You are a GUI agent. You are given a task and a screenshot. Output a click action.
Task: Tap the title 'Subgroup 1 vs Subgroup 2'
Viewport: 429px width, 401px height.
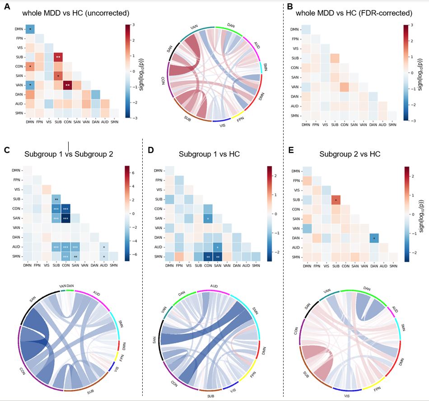pyautogui.click(x=69, y=154)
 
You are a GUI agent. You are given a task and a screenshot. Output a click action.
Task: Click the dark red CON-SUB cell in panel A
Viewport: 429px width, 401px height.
pyautogui.click(x=68, y=84)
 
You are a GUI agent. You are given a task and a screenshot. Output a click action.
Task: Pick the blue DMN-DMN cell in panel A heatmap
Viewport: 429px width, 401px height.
pyautogui.click(x=30, y=29)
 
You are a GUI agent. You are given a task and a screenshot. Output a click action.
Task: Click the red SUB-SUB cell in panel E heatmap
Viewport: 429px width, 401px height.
pyautogui.click(x=335, y=199)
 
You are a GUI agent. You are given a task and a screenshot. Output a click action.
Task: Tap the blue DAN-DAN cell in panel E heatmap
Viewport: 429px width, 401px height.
pyautogui.click(x=374, y=238)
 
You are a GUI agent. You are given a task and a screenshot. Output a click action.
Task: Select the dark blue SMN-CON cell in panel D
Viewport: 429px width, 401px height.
pyautogui.click(x=208, y=257)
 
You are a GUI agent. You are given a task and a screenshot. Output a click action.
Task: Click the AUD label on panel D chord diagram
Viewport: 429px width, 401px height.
pyautogui.click(x=215, y=286)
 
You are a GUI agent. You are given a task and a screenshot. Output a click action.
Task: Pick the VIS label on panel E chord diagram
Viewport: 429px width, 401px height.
pyautogui.click(x=347, y=395)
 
